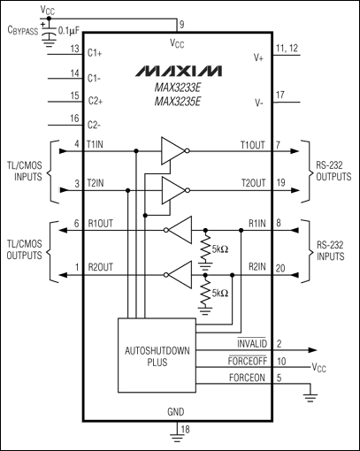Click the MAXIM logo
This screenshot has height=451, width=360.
179,71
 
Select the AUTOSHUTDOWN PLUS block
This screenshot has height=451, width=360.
157,355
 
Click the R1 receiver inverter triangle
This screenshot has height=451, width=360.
179,230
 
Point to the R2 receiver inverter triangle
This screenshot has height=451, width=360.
179,275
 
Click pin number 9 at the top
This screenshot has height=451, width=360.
181,25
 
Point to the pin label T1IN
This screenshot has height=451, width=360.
95,144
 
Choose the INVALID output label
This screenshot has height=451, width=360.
252,343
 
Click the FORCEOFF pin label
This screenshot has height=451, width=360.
248,361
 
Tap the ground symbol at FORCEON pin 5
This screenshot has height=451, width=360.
310,397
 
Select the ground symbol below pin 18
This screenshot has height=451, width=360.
177,439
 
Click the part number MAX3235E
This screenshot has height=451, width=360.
178,102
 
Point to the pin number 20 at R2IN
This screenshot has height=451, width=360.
280,269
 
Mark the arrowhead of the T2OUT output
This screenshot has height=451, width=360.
295,190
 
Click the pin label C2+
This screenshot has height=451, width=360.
96,101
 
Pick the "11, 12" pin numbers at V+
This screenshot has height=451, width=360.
287,48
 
